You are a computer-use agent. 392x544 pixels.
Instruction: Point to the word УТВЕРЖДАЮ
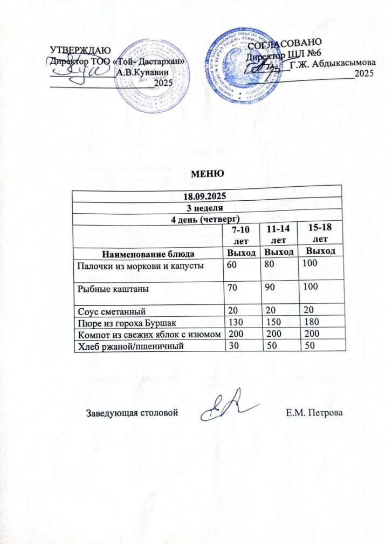[73, 51]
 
